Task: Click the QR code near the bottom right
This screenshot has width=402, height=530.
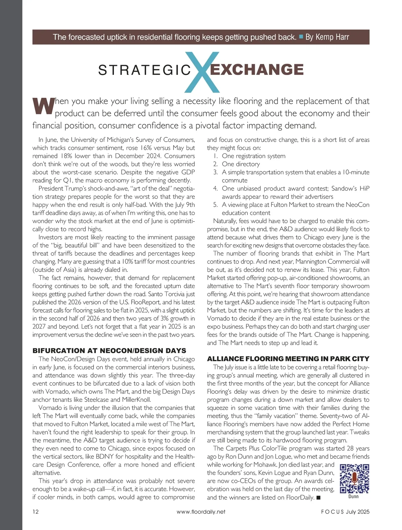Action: (x=354, y=479)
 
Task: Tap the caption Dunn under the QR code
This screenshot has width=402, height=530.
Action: (x=353, y=496)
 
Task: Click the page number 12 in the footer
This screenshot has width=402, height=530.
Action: (x=36, y=512)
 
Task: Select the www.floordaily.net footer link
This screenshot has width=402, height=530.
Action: (x=201, y=512)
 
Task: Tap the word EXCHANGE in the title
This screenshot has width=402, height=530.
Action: (x=257, y=70)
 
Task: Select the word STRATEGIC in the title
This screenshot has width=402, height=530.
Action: (x=144, y=70)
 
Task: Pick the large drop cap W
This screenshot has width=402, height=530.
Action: (x=43, y=106)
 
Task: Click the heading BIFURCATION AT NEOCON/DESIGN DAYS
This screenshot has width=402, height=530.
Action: (x=109, y=351)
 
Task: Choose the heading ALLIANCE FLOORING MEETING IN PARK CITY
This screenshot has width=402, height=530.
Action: (x=288, y=359)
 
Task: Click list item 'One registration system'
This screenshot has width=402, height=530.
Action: (x=254, y=156)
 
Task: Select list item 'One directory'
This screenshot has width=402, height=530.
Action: (x=241, y=164)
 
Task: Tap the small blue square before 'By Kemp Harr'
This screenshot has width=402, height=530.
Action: (x=301, y=37)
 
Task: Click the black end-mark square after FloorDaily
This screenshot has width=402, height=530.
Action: (x=318, y=498)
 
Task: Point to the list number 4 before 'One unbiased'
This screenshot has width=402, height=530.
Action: (x=215, y=189)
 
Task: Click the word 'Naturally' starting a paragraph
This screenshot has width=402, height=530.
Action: (x=225, y=221)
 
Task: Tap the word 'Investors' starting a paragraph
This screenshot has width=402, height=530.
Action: (x=50, y=237)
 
